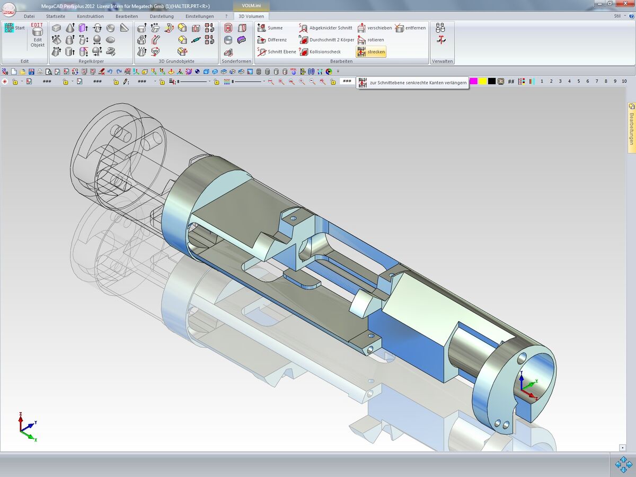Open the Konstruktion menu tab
90,16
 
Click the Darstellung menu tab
162,16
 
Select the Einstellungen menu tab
200,16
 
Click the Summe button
270,28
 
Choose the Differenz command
272,40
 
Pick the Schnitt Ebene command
277,51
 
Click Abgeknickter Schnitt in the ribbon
325,28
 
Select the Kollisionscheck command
320,51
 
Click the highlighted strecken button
371,52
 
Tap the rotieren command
370,40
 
